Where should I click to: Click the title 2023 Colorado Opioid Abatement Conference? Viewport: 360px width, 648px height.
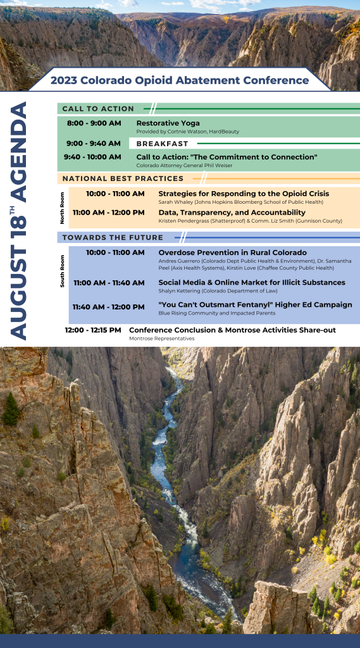pyautogui.click(x=180, y=80)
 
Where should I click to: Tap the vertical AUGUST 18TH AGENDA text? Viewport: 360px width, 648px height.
pyautogui.click(x=20, y=221)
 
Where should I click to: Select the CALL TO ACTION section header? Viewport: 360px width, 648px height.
pyautogui.click(x=98, y=109)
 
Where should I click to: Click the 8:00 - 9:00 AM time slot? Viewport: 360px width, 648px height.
pyautogui.click(x=94, y=123)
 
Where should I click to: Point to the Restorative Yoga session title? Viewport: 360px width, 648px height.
pyautogui.click(x=168, y=123)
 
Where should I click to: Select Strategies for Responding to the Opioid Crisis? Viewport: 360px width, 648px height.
pyautogui.click(x=243, y=194)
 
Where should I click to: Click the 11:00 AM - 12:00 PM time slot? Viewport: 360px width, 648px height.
pyautogui.click(x=108, y=213)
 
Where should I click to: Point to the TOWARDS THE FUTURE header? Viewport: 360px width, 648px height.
pyautogui.click(x=113, y=237)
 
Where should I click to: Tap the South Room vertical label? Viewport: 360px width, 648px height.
pyautogui.click(x=62, y=270)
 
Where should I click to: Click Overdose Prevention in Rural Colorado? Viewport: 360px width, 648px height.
pyautogui.click(x=232, y=252)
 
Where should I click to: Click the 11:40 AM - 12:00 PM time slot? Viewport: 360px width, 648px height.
pyautogui.click(x=108, y=307)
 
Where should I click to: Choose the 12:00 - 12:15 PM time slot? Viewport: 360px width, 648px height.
pyautogui.click(x=93, y=330)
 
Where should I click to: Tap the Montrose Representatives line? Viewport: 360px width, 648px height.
pyautogui.click(x=161, y=339)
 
